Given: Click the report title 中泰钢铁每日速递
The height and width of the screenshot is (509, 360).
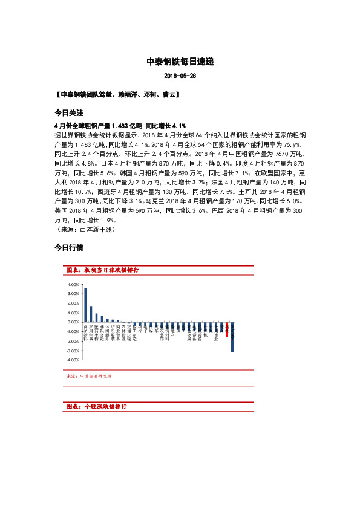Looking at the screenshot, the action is pos(180,62).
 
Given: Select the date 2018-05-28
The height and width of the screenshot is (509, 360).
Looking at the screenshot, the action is pos(180,76).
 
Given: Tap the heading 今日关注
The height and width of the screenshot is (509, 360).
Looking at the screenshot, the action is pos(68,113).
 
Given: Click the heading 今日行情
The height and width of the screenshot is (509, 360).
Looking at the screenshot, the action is pos(68,248).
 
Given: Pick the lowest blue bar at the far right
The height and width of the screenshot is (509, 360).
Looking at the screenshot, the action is pos(232,337).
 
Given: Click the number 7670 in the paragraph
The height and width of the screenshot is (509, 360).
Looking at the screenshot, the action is pos(266,155).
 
